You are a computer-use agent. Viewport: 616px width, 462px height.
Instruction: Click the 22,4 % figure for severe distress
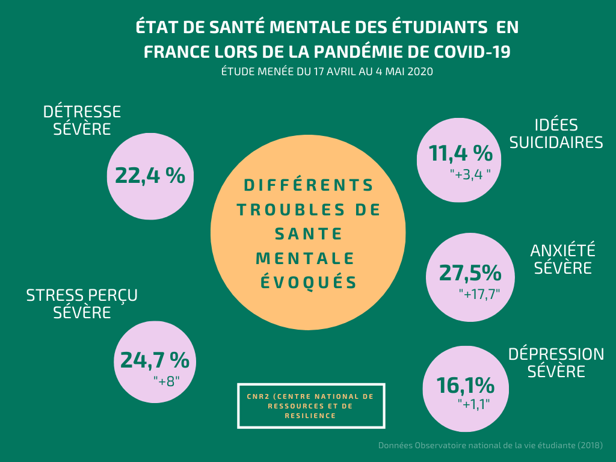tap(150, 176)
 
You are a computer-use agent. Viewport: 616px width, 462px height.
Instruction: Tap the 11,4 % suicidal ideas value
tap(461, 154)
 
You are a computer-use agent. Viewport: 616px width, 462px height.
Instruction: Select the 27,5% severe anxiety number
tap(470, 273)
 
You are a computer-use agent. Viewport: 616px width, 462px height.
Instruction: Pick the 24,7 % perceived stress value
tap(155, 360)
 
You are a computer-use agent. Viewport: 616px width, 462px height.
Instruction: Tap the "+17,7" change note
tap(479, 294)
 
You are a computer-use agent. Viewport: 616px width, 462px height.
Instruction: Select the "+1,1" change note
tap(473, 404)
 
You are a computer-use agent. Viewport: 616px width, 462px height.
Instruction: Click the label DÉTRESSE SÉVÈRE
tap(82, 120)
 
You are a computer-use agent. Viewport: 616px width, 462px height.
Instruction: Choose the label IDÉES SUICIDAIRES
tap(556, 134)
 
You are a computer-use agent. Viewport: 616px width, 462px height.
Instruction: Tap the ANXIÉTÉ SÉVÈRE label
tap(562, 259)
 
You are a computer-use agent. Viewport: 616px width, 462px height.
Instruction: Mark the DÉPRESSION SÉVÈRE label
tap(556, 363)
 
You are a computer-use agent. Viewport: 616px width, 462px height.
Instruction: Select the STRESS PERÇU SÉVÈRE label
tap(82, 304)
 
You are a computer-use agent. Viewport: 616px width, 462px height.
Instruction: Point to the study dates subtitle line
tap(327, 71)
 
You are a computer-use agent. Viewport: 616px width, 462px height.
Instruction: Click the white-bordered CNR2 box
tap(310, 405)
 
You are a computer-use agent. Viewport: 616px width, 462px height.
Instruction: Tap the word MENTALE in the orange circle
tap(305, 258)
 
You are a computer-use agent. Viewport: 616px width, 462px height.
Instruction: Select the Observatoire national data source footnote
tap(490, 446)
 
